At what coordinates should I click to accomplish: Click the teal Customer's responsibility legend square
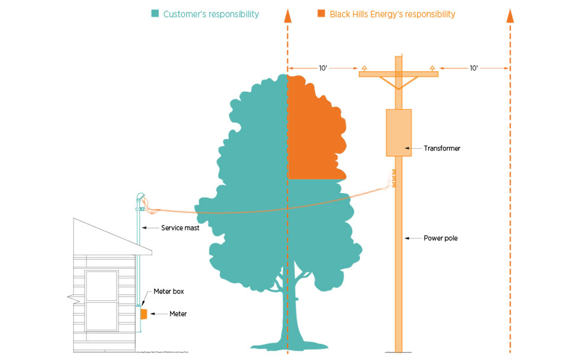coord(155,14)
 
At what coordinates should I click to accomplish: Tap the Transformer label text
coord(442,149)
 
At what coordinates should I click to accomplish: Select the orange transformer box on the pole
coord(398,132)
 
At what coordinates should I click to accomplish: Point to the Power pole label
coord(440,238)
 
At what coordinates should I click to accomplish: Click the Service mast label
coord(179,227)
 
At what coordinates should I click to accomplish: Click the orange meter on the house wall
coord(143,314)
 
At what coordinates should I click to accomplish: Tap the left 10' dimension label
coord(323,68)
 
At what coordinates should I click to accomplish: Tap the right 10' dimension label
coord(474,68)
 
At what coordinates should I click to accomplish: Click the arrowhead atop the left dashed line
coord(288,16)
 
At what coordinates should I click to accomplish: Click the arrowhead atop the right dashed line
coord(509,16)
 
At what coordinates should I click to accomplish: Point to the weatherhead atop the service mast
coord(140,198)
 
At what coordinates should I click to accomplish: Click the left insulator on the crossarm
coord(365,67)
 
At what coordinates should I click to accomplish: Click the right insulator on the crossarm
coord(432,67)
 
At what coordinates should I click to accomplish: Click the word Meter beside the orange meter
coord(178,314)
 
